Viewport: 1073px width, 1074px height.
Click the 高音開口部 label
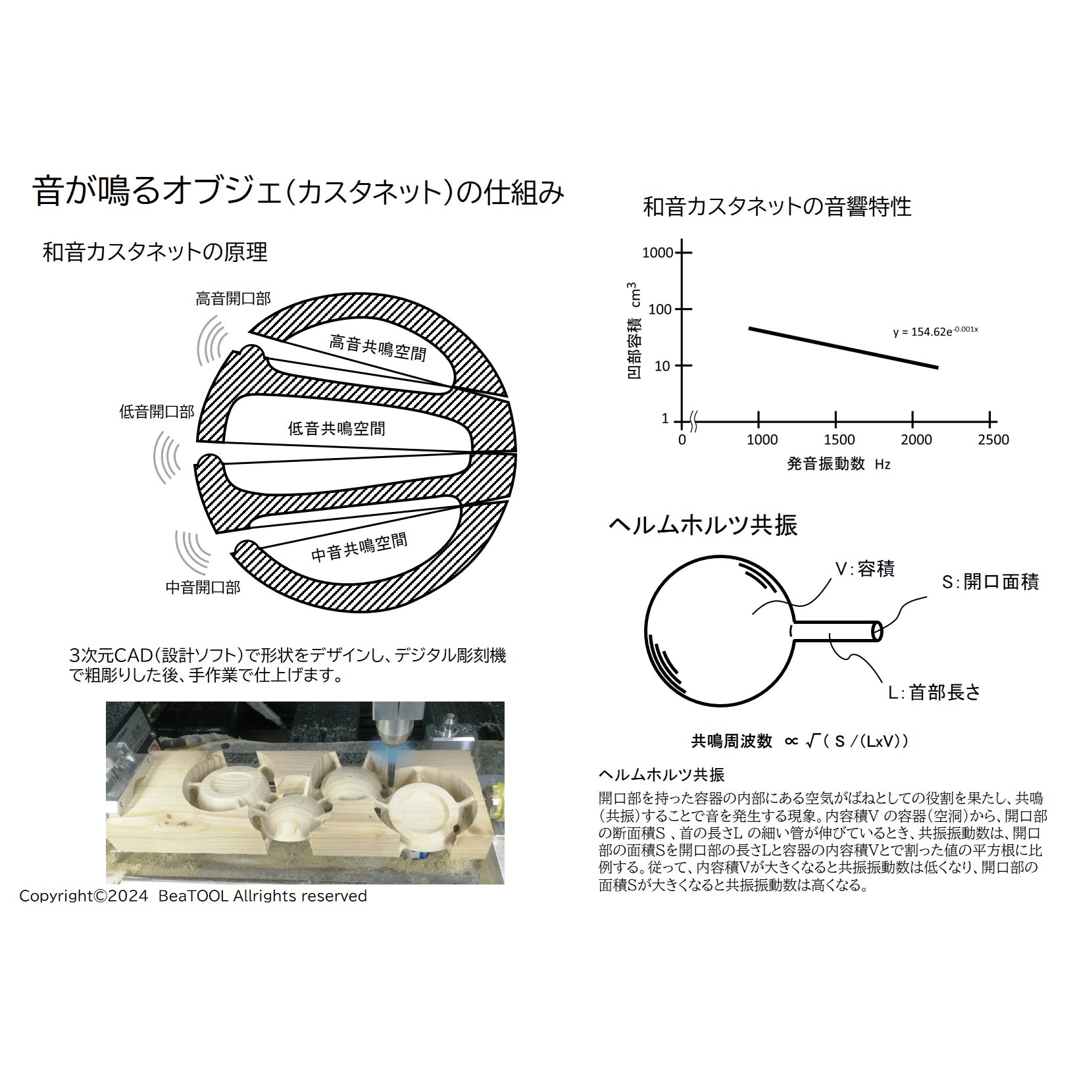pyautogui.click(x=233, y=299)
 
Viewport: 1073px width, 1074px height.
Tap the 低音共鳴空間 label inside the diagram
pyautogui.click(x=337, y=429)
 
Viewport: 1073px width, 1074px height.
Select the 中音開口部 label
pyautogui.click(x=203, y=587)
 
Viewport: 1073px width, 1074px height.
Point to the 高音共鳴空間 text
pyautogui.click(x=378, y=347)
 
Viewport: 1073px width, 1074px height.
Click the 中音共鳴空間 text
pyautogui.click(x=359, y=548)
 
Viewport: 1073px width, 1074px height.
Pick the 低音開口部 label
pyautogui.click(x=157, y=412)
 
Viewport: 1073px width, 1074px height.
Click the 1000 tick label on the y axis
pyautogui.click(x=658, y=253)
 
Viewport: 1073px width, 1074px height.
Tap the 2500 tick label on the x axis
pyautogui.click(x=993, y=440)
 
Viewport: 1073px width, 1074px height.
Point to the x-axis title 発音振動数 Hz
pyautogui.click(x=839, y=463)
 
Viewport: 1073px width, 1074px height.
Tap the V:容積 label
pyautogui.click(x=864, y=569)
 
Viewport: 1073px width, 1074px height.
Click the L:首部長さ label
pyautogui.click(x=934, y=692)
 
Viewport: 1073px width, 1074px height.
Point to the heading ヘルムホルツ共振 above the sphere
pyautogui.click(x=703, y=525)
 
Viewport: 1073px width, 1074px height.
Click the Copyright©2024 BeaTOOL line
pyautogui.click(x=193, y=896)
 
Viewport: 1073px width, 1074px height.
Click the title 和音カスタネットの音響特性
pyautogui.click(x=777, y=207)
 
